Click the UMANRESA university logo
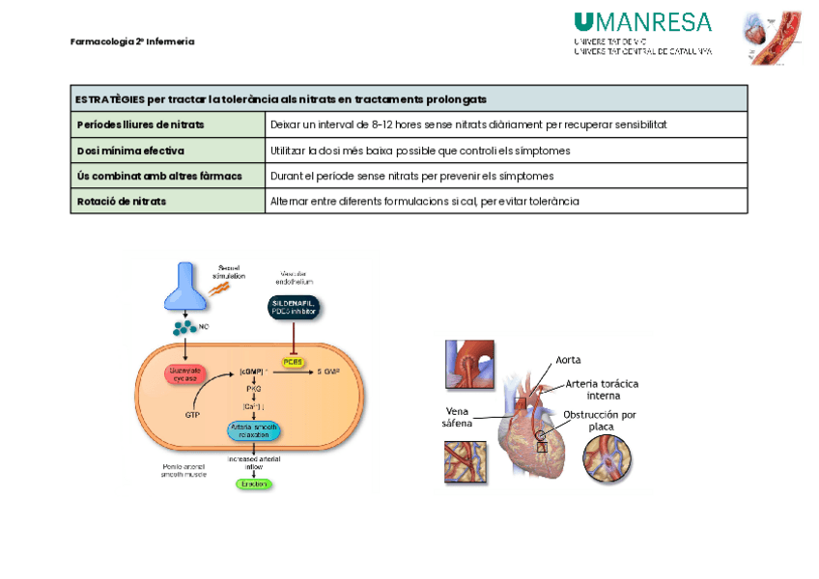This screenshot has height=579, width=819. pyautogui.click(x=642, y=33)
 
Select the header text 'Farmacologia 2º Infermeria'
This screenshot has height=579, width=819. pyautogui.click(x=132, y=41)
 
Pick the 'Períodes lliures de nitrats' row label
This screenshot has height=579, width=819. pyautogui.click(x=140, y=124)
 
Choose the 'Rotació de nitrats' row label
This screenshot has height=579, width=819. pyautogui.click(x=122, y=201)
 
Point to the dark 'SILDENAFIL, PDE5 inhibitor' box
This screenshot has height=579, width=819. pyautogui.click(x=293, y=307)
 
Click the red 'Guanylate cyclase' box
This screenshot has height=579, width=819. pyautogui.click(x=184, y=374)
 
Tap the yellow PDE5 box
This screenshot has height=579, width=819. pyautogui.click(x=293, y=363)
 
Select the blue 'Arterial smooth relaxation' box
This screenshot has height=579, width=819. pyautogui.click(x=253, y=430)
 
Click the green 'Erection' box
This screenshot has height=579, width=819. pyautogui.click(x=254, y=482)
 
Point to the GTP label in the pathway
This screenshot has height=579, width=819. pyautogui.click(x=193, y=415)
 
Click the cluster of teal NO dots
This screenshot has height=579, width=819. pyautogui.click(x=184, y=327)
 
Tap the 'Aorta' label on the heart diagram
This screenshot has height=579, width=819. pyautogui.click(x=569, y=360)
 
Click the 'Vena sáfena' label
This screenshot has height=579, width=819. pyautogui.click(x=457, y=416)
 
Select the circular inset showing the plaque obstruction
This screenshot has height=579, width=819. pyautogui.click(x=608, y=456)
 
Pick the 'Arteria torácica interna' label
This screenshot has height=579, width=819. pyautogui.click(x=602, y=389)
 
